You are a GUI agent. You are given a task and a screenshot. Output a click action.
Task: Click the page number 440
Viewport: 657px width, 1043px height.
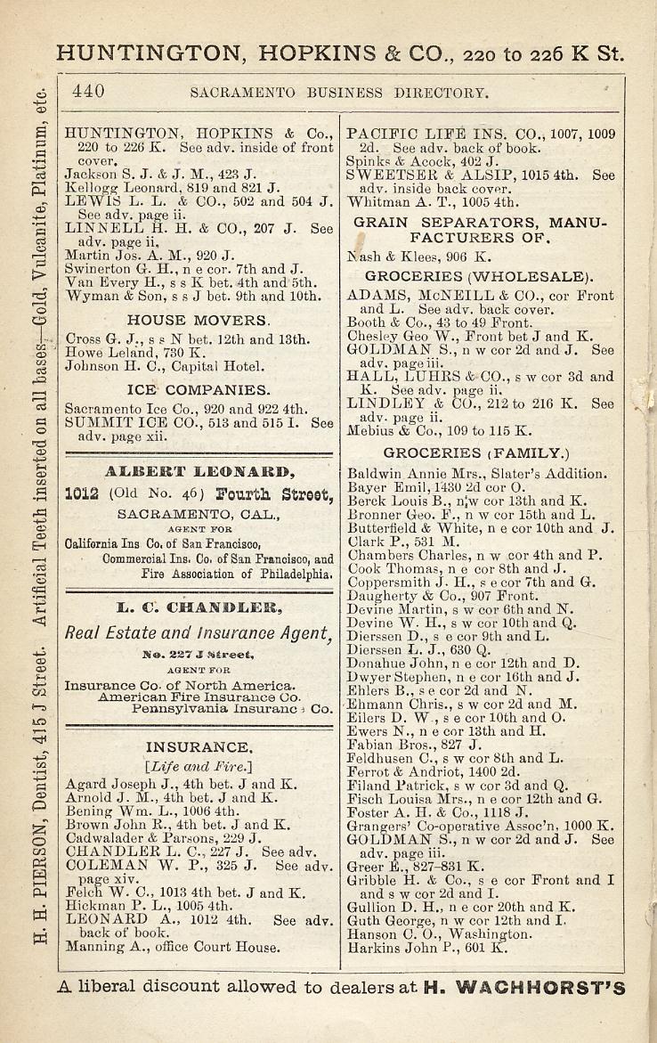(89, 91)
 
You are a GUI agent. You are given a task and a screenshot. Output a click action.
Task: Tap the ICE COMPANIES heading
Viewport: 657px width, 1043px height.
(199, 390)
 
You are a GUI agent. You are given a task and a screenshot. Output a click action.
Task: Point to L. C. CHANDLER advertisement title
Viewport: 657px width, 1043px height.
(199, 609)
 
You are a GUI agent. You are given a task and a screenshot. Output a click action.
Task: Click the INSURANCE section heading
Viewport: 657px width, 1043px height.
(199, 746)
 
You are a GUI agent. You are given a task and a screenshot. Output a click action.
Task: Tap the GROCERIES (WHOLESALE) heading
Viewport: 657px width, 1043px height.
(479, 276)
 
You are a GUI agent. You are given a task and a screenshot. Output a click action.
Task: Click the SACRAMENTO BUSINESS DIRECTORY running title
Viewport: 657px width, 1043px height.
(340, 92)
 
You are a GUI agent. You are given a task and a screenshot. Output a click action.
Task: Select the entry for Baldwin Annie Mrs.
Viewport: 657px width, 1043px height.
(476, 474)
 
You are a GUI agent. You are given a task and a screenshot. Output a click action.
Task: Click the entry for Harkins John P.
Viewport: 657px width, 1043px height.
(427, 948)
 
